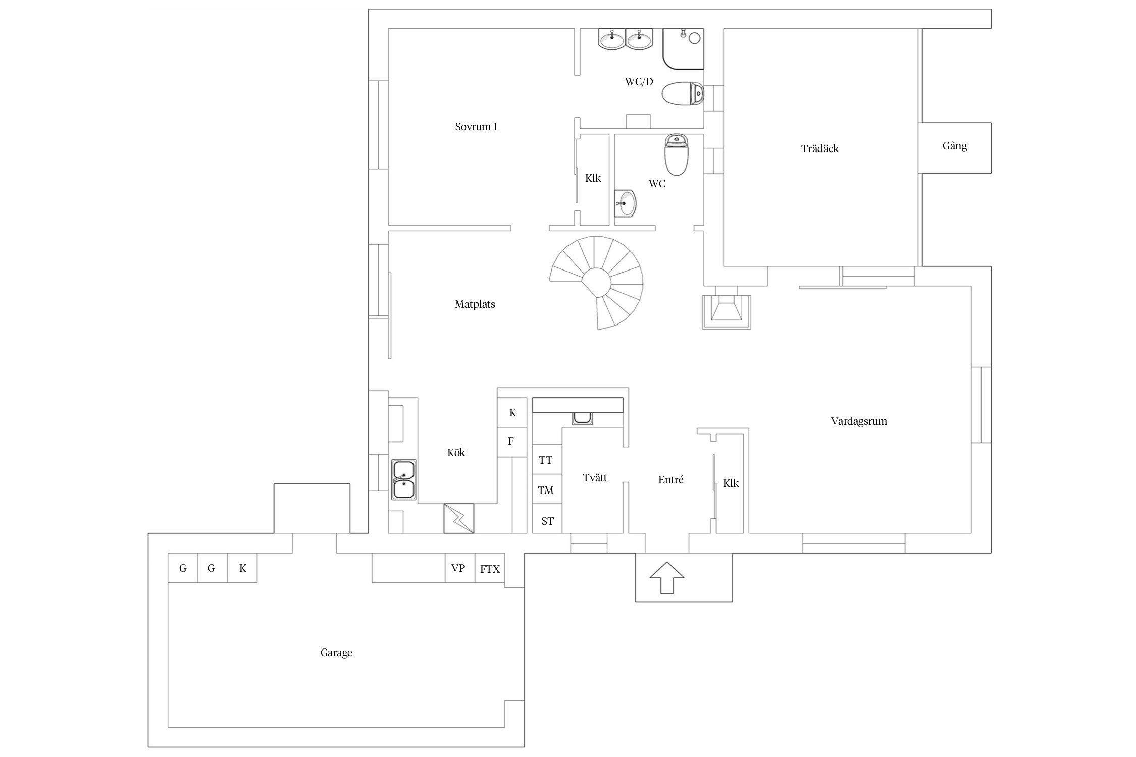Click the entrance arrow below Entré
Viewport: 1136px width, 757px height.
[666, 577]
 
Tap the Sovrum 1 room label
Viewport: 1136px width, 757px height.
[476, 127]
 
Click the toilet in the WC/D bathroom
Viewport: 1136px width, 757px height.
[682, 94]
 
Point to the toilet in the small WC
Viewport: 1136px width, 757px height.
[677, 154]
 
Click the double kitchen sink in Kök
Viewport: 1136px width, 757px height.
[404, 479]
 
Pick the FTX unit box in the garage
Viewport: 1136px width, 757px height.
[490, 568]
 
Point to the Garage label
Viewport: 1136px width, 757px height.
[336, 653]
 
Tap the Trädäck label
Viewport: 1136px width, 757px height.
[820, 149]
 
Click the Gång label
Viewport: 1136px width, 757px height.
[955, 146]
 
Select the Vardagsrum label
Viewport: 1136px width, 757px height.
[859, 421]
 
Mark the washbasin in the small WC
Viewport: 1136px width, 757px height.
[626, 203]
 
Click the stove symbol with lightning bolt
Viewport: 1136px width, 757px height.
[459, 518]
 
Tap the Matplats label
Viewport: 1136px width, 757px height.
[475, 304]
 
